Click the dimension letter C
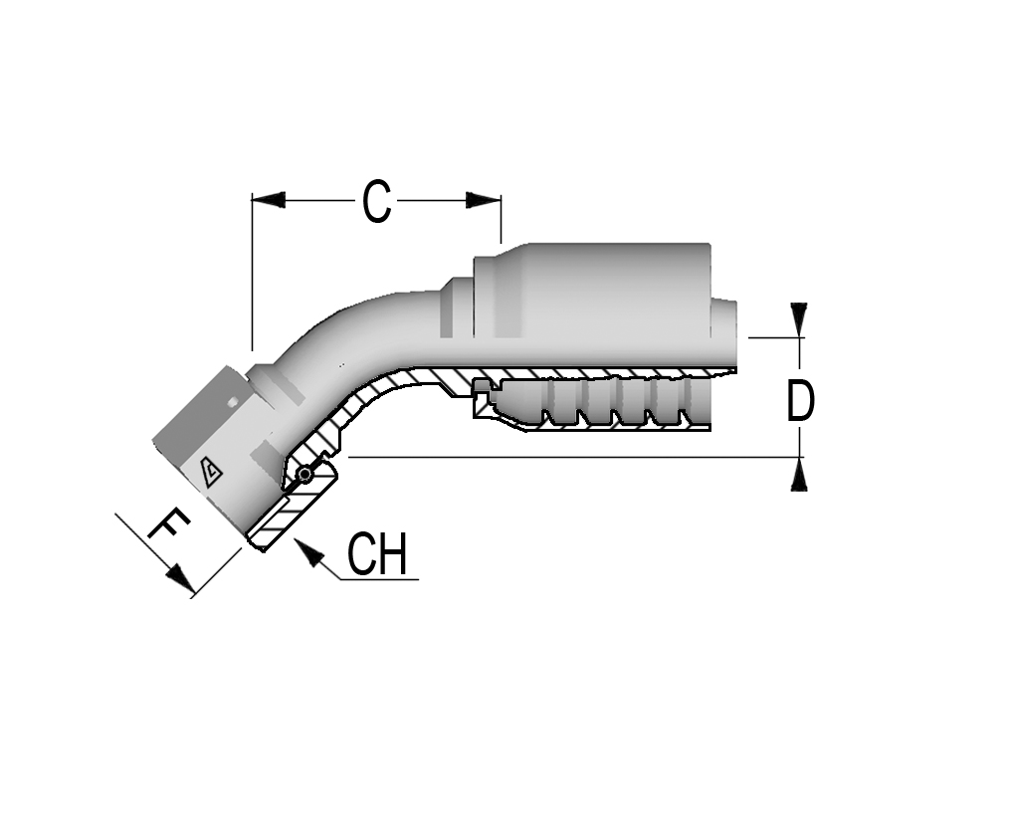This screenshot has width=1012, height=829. (x=375, y=201)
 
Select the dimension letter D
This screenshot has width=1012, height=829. (x=800, y=400)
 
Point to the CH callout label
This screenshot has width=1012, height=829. (x=377, y=554)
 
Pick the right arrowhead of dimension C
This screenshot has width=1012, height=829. (x=484, y=200)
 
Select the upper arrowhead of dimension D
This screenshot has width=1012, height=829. (x=800, y=319)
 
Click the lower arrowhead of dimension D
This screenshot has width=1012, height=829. (x=800, y=475)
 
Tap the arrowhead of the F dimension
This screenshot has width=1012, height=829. (x=181, y=579)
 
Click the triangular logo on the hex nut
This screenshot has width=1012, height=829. (x=210, y=473)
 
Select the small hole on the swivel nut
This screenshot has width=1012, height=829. (x=232, y=402)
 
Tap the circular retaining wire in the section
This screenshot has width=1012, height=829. (x=304, y=475)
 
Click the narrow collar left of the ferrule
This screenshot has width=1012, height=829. (x=457, y=308)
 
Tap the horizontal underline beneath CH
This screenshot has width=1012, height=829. (x=379, y=579)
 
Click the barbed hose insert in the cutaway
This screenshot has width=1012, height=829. (x=590, y=403)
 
